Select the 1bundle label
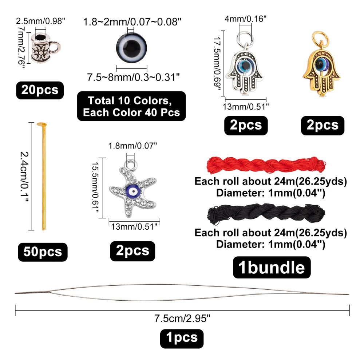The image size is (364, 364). (x=272, y=268)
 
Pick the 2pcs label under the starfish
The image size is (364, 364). (x=132, y=250)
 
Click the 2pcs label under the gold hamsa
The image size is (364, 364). (x=322, y=126)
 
